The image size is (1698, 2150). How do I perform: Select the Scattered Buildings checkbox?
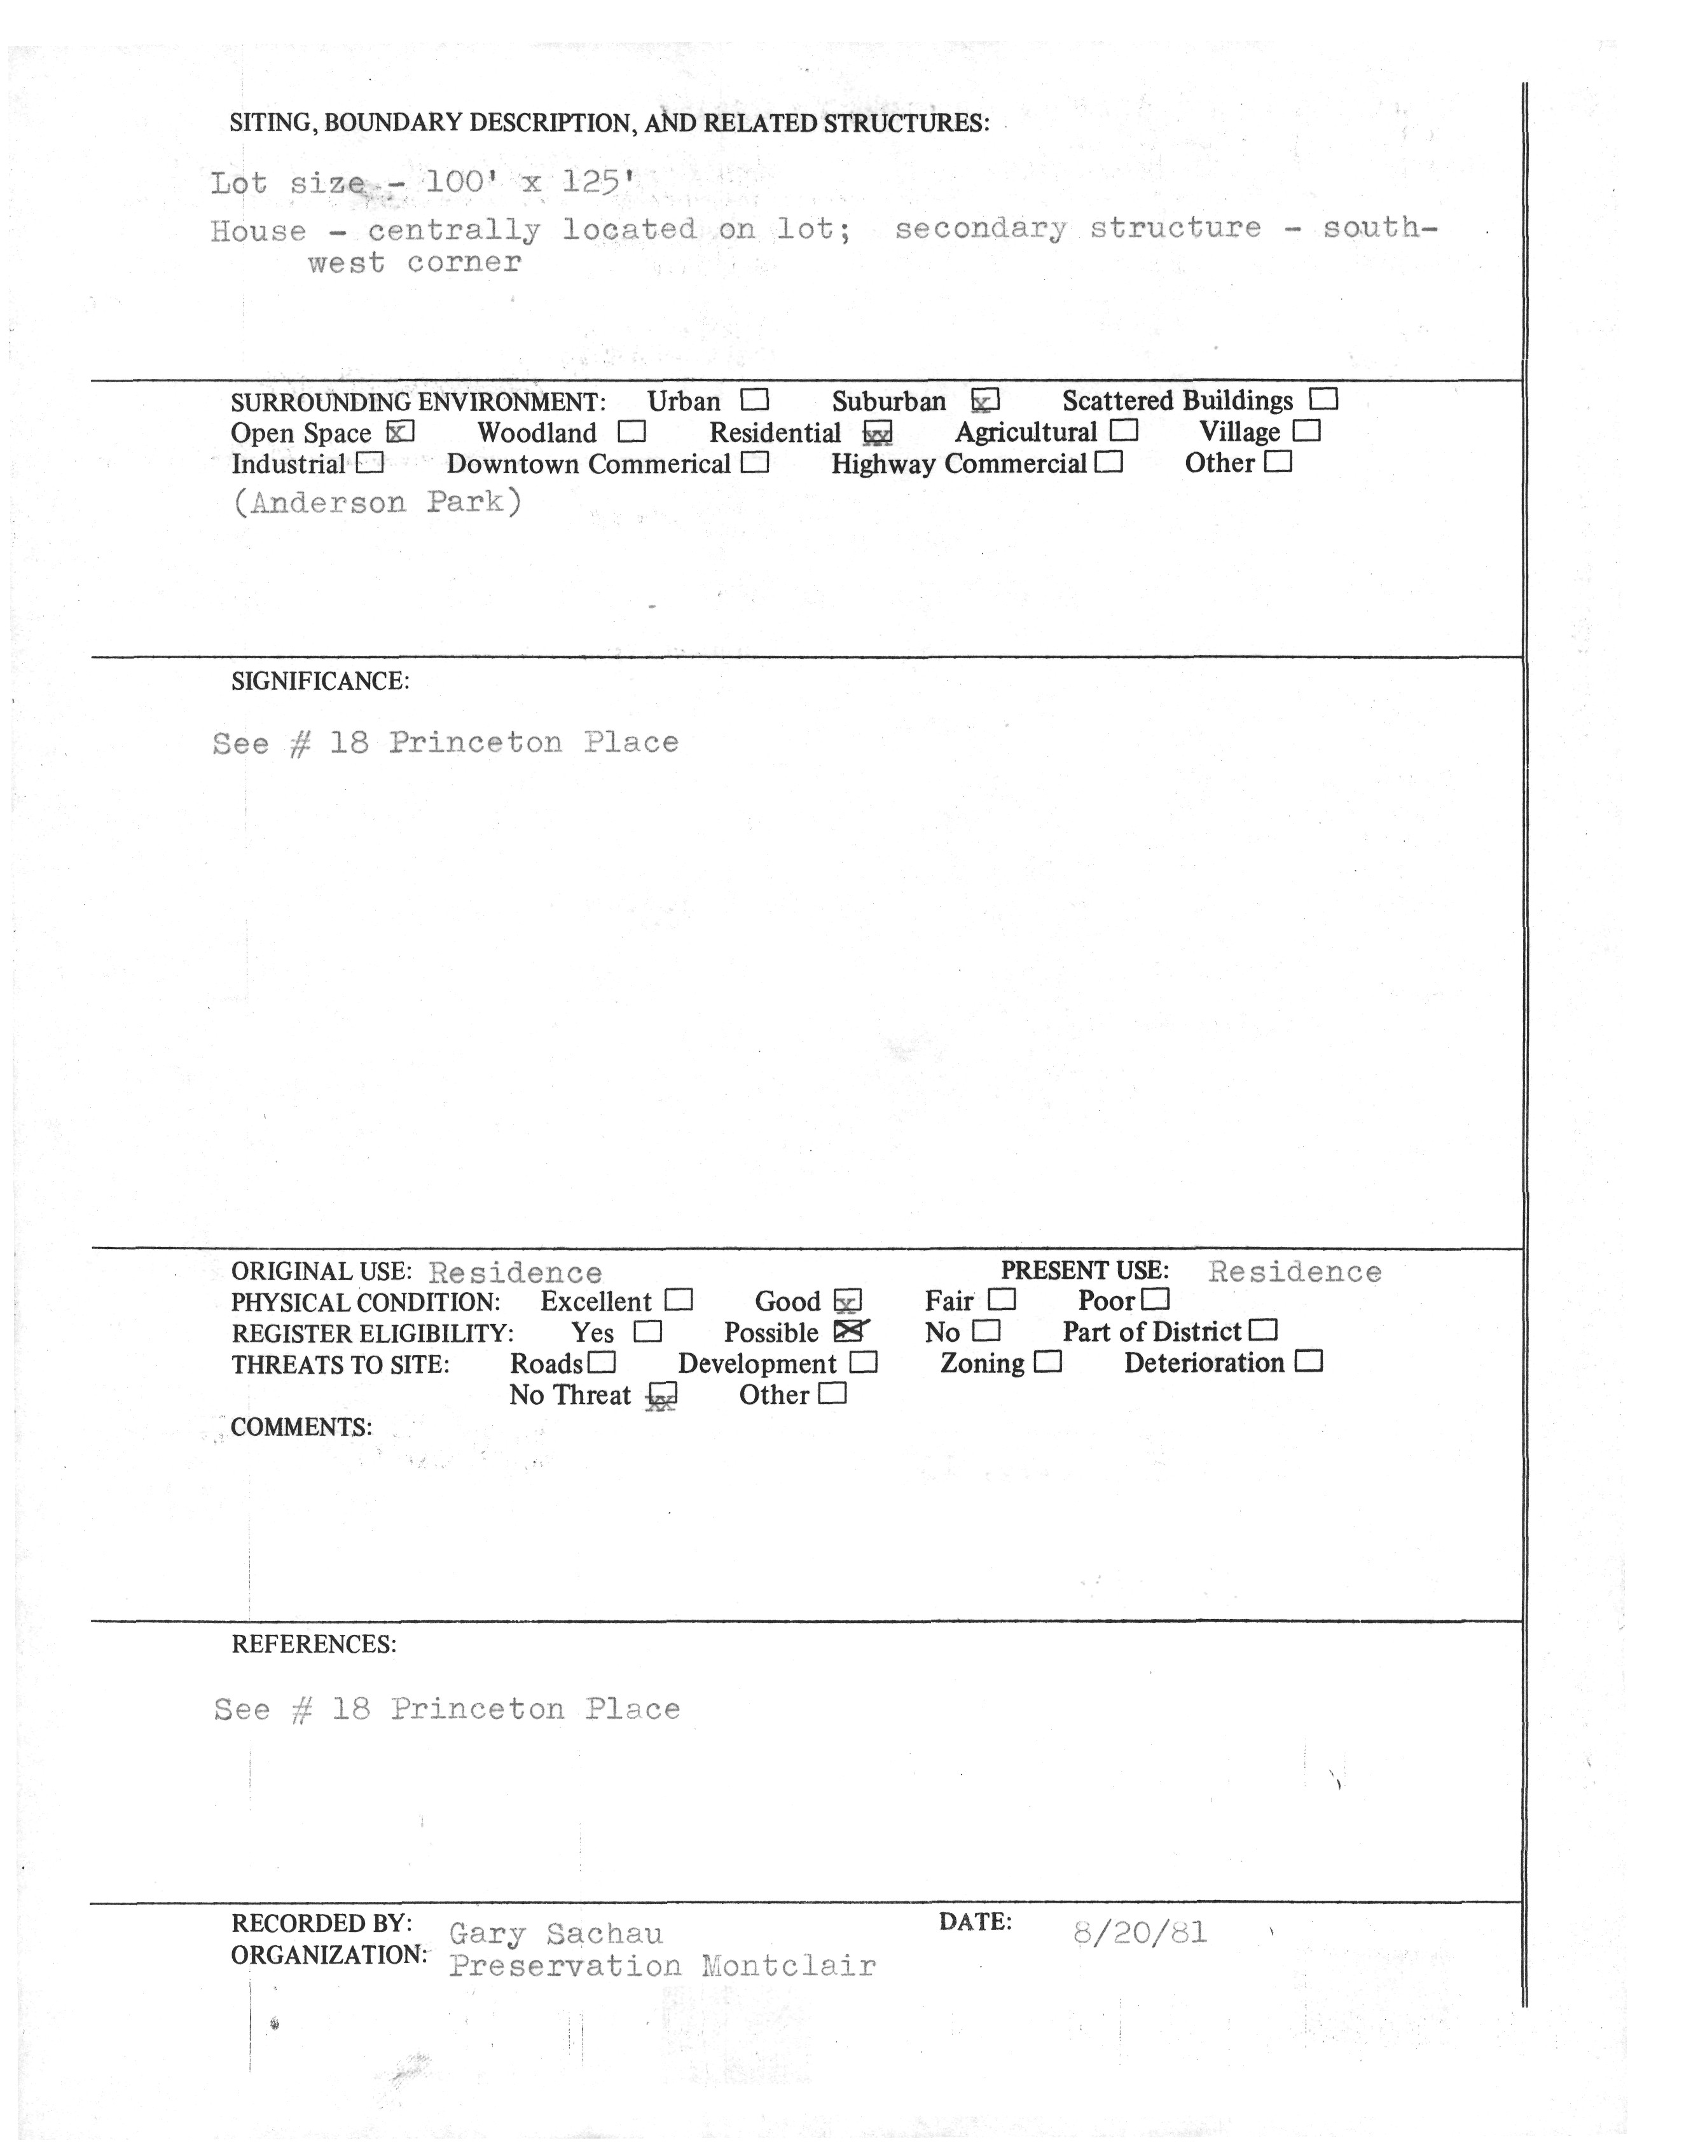(1323, 399)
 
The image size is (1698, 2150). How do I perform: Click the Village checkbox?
(1306, 431)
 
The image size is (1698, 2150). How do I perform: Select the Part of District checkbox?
(1264, 1330)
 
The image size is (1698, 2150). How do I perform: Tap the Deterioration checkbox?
(1309, 1361)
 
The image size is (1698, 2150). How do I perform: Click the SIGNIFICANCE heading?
(320, 682)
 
